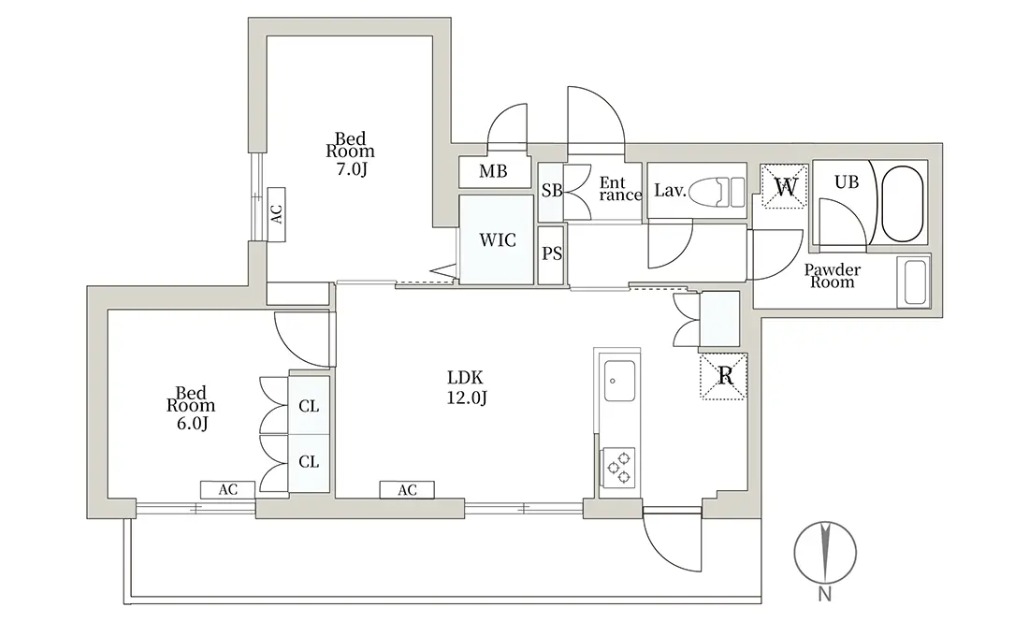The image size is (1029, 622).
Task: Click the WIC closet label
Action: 498,240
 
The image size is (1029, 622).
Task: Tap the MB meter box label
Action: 493,172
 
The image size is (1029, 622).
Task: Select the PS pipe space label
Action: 552,253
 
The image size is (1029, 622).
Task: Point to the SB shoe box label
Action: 552,190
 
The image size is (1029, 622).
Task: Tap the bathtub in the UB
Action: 903,203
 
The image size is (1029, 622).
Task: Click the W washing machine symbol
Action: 784,186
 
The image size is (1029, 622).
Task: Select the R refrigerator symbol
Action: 723,376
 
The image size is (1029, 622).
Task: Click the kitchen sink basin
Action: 619,381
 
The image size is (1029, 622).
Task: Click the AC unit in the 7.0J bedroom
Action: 277,214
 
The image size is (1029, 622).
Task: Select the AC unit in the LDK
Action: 407,489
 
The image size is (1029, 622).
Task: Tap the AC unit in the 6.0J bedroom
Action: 227,489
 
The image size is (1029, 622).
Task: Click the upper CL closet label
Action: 309,407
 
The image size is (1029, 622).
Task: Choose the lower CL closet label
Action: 309,462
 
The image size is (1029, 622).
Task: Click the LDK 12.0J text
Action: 466,388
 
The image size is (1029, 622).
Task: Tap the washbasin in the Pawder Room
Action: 914,282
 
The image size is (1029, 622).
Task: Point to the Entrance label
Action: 620,189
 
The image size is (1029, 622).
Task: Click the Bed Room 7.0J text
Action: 351,154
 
